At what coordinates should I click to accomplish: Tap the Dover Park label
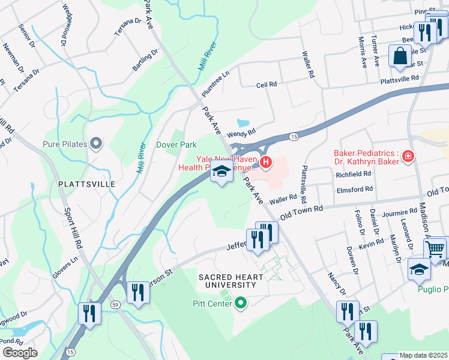(x=176, y=145)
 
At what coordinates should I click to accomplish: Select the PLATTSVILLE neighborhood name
(x=86, y=184)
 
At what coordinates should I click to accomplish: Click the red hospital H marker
(x=266, y=162)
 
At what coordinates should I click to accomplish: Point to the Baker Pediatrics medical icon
(x=408, y=156)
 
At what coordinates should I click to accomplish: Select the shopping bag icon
(x=400, y=57)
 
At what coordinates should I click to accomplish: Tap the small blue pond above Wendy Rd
(x=242, y=122)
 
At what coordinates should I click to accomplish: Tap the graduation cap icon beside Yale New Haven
(x=221, y=172)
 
